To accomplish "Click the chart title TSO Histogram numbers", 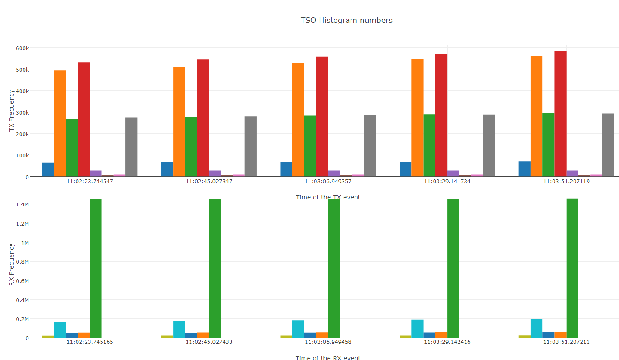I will [346, 20].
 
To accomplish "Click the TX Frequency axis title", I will [12, 111].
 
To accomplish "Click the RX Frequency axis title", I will [12, 265].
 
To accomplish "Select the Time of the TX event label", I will [328, 197].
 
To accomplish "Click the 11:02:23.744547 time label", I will [90, 181].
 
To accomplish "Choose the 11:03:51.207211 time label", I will [566, 342].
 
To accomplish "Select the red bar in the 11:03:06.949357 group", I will [322, 116].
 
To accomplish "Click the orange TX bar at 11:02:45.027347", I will [179, 122].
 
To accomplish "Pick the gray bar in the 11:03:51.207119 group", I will [608, 145].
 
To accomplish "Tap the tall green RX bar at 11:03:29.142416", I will [453, 268].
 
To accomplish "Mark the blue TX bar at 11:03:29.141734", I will [405, 169].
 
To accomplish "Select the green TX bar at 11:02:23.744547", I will [72, 147].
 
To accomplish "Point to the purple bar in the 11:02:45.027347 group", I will [215, 173].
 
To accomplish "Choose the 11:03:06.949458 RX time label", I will [328, 342].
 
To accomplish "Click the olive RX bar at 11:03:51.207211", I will [525, 336].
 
